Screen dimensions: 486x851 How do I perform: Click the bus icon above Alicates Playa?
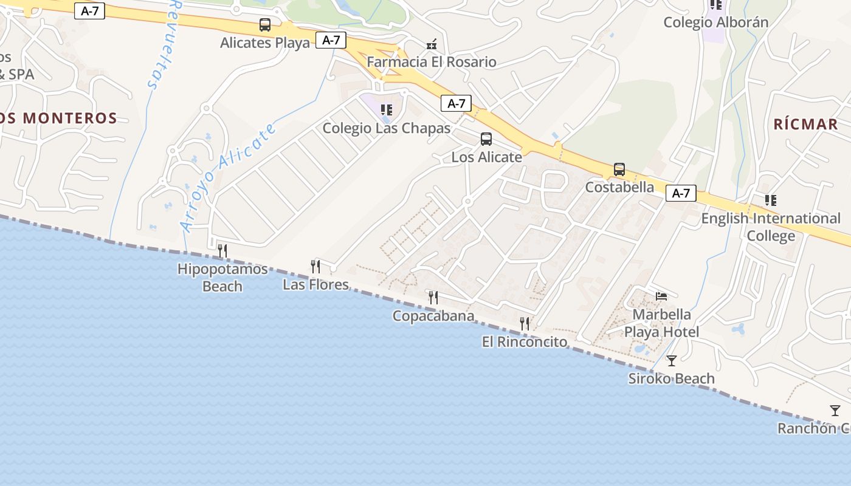point(265,25)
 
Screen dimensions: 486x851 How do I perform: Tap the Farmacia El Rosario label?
point(432,62)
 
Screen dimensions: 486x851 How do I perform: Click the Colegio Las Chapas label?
point(387,128)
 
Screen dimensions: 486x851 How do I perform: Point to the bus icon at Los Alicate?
point(486,139)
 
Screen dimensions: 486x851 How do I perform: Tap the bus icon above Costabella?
point(619,169)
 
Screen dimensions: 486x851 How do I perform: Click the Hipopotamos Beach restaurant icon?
point(222,250)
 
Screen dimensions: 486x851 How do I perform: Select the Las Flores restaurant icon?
point(315,266)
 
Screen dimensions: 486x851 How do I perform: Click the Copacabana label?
point(433,316)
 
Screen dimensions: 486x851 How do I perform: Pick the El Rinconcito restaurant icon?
point(525,323)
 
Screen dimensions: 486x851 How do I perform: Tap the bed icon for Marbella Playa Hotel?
point(662,296)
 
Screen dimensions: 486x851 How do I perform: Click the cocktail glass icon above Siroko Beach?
point(672,361)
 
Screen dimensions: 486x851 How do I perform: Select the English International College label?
point(771,227)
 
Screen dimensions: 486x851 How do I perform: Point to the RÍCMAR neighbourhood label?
point(806,125)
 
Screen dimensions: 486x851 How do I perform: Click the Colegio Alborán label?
point(716,22)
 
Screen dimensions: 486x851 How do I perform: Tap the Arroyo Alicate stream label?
point(228,177)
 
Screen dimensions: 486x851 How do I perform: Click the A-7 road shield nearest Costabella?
point(681,193)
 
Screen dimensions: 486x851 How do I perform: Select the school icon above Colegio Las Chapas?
point(387,110)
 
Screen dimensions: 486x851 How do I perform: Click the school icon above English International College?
point(771,200)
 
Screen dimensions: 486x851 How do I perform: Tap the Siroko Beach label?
point(671,379)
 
